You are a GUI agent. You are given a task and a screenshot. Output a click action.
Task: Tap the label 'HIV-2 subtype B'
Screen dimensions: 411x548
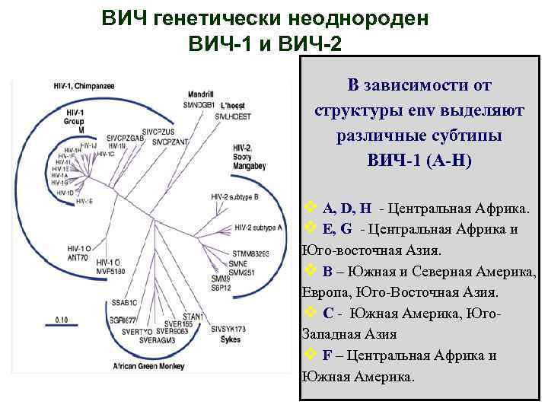click(237, 196)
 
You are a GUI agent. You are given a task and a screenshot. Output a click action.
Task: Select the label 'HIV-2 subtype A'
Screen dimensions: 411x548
click(260, 227)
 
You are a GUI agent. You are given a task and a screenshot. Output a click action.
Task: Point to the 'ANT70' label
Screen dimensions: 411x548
click(78, 257)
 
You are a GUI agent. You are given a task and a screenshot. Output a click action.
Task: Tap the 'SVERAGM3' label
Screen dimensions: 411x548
click(158, 340)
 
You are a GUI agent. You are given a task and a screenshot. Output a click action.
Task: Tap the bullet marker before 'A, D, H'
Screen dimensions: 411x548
click(310, 208)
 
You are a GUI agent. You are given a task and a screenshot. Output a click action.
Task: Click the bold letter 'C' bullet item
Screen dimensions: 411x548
click(327, 313)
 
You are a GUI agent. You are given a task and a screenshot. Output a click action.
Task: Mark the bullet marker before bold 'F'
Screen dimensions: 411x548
click(310, 355)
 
